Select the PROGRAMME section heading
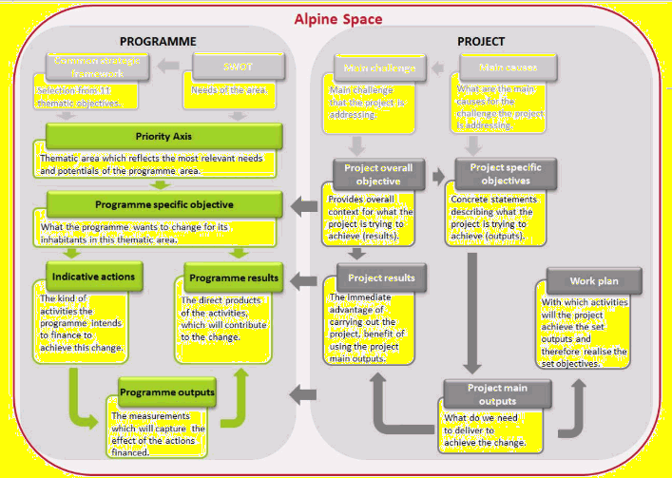point(158,42)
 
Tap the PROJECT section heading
point(481,42)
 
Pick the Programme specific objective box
point(163,204)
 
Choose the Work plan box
point(594,281)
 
